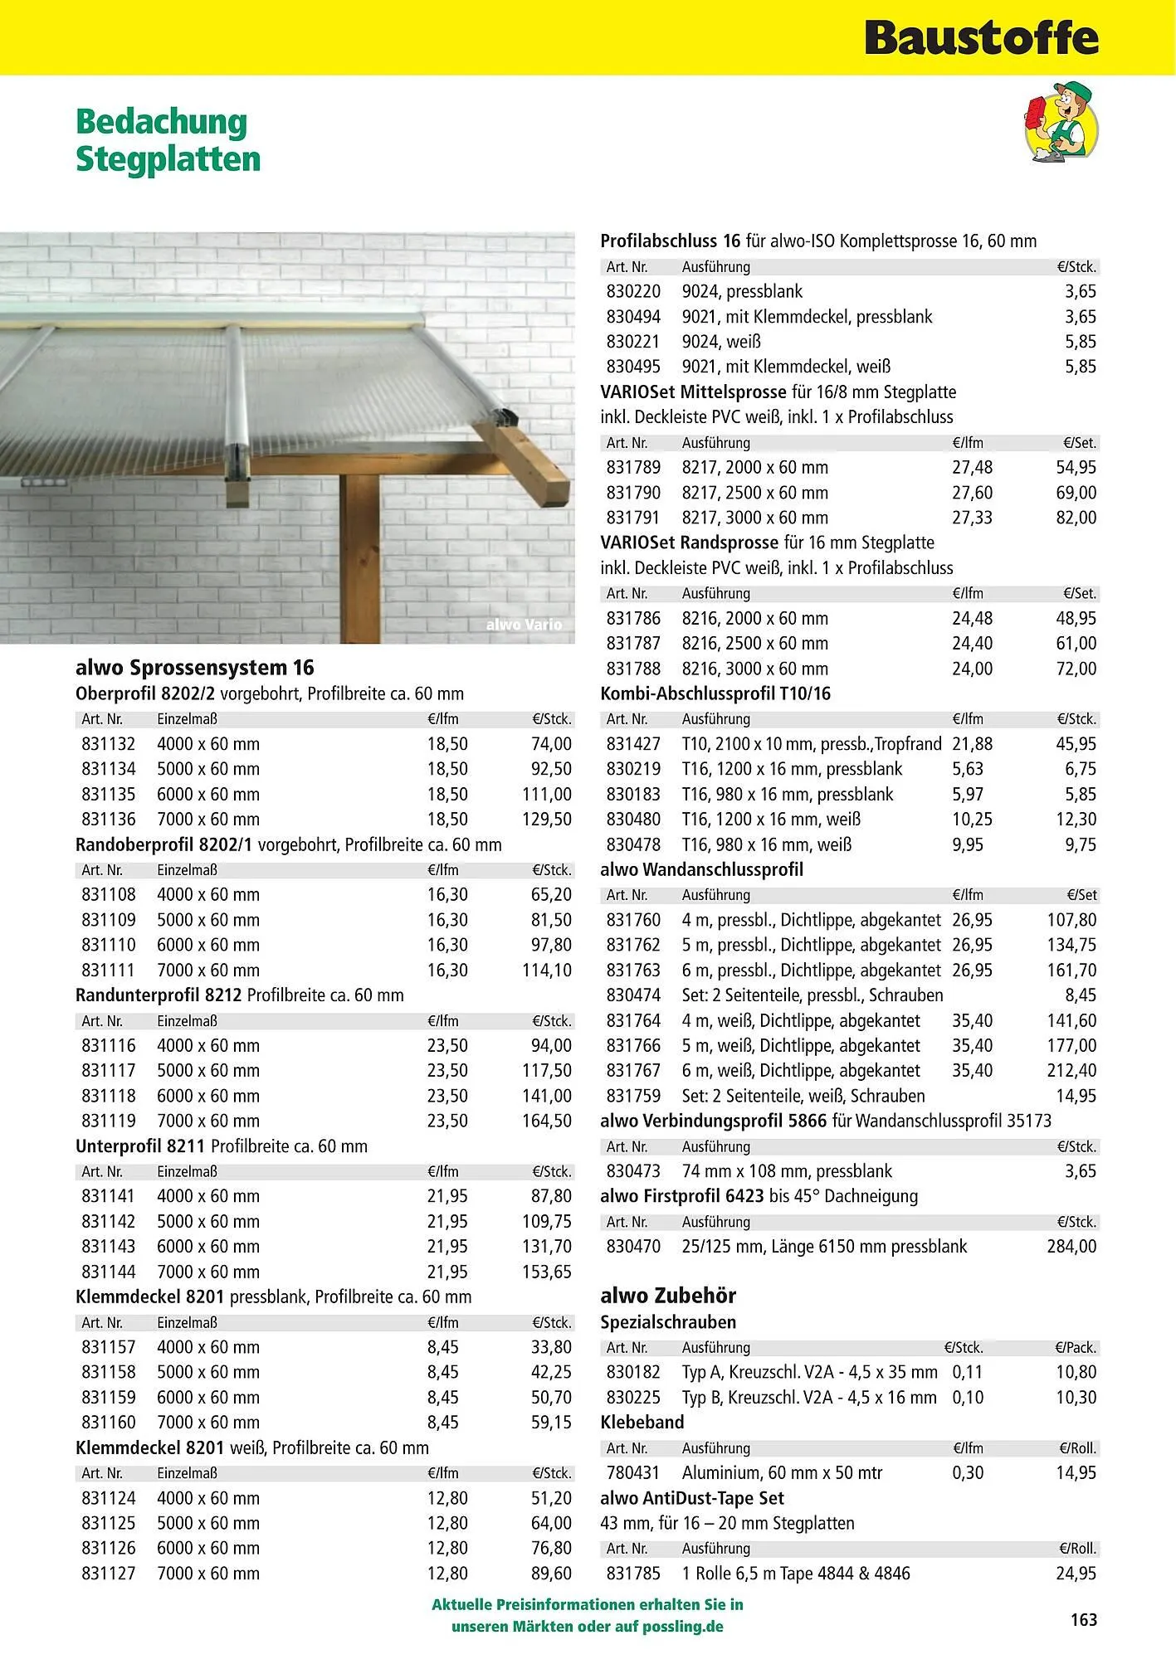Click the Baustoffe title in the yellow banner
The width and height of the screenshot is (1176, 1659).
click(981, 38)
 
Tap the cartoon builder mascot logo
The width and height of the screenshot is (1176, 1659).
click(1060, 122)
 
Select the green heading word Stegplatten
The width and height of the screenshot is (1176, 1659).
click(168, 158)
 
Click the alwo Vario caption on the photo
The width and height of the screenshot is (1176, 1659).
click(524, 625)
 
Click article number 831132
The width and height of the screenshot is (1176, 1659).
click(108, 744)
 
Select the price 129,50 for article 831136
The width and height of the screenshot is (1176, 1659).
click(547, 820)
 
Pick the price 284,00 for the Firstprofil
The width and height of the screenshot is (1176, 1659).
click(1071, 1246)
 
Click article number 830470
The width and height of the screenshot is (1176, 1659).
click(633, 1246)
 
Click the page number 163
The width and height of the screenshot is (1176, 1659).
click(1084, 1620)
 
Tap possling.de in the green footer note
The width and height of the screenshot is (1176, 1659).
click(688, 1627)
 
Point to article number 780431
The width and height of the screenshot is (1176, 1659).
click(633, 1472)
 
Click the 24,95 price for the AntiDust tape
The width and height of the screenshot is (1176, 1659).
click(1076, 1573)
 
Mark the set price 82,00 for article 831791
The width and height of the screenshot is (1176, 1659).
click(1076, 518)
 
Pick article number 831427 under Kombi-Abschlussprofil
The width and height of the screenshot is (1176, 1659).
click(633, 744)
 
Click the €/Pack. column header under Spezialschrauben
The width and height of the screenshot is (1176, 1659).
click(1076, 1348)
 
